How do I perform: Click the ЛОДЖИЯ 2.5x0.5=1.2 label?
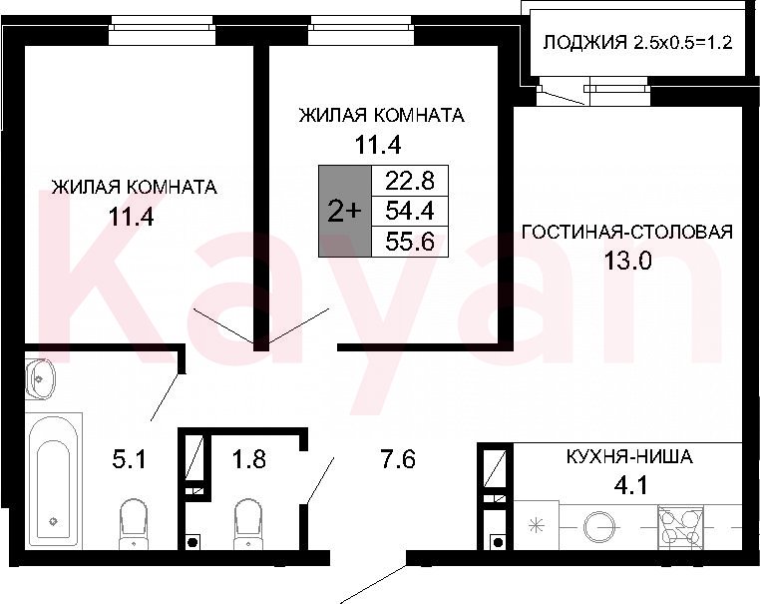click(637, 43)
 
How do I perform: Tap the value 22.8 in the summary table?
click(410, 181)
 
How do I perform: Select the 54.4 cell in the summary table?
click(410, 211)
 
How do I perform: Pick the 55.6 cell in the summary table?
click(410, 242)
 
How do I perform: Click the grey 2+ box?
click(345, 211)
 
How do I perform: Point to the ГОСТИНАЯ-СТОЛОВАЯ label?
click(627, 232)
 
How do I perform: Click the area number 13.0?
click(627, 261)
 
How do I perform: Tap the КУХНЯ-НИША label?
click(629, 456)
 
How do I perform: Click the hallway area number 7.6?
click(397, 458)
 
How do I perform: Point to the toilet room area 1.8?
click(248, 458)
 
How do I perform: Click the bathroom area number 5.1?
click(129, 458)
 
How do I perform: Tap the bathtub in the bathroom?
click(56, 481)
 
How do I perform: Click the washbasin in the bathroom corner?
click(41, 378)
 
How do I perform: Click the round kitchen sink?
click(599, 526)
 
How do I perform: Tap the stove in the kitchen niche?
click(680, 527)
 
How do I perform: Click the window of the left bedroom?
click(161, 30)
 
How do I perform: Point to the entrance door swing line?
click(374, 584)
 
